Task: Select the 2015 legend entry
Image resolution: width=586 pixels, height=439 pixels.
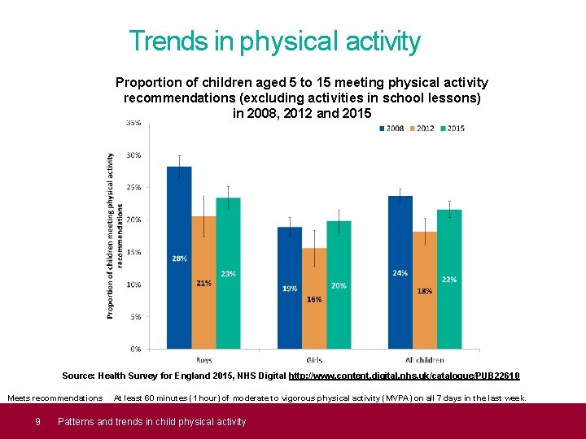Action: [452, 128]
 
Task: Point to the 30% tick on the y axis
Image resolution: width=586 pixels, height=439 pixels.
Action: [133, 154]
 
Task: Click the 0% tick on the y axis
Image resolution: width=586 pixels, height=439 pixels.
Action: [135, 349]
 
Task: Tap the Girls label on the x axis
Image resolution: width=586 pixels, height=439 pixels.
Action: [314, 359]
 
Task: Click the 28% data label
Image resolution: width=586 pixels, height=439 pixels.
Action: [179, 259]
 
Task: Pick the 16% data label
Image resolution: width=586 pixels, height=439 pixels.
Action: [314, 299]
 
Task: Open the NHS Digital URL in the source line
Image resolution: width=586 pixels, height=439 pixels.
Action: [404, 376]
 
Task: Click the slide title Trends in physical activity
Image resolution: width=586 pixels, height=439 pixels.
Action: [275, 41]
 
